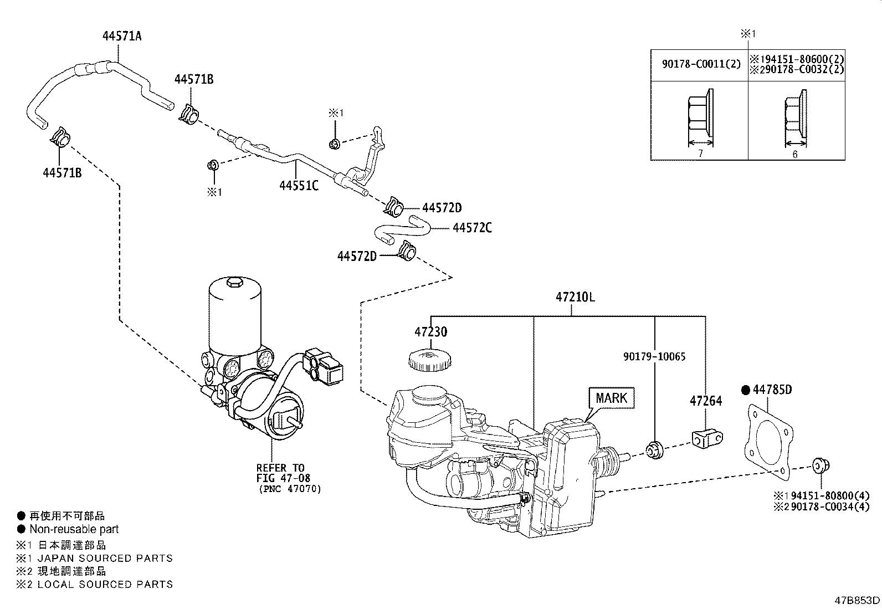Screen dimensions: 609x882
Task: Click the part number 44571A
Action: click(122, 37)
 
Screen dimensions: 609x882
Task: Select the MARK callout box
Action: click(612, 398)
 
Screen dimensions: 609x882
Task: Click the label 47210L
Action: click(575, 296)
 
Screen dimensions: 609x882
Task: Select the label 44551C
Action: click(299, 186)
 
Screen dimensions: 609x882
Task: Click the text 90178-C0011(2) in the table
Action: click(701, 64)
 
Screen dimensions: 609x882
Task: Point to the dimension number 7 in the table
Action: click(700, 153)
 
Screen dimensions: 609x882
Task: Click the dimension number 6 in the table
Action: click(794, 154)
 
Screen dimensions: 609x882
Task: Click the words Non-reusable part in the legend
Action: click(74, 529)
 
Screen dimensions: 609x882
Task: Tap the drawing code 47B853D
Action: click(857, 600)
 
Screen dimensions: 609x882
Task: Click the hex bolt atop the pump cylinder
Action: click(234, 284)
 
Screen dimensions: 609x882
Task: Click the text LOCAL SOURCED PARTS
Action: click(105, 584)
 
